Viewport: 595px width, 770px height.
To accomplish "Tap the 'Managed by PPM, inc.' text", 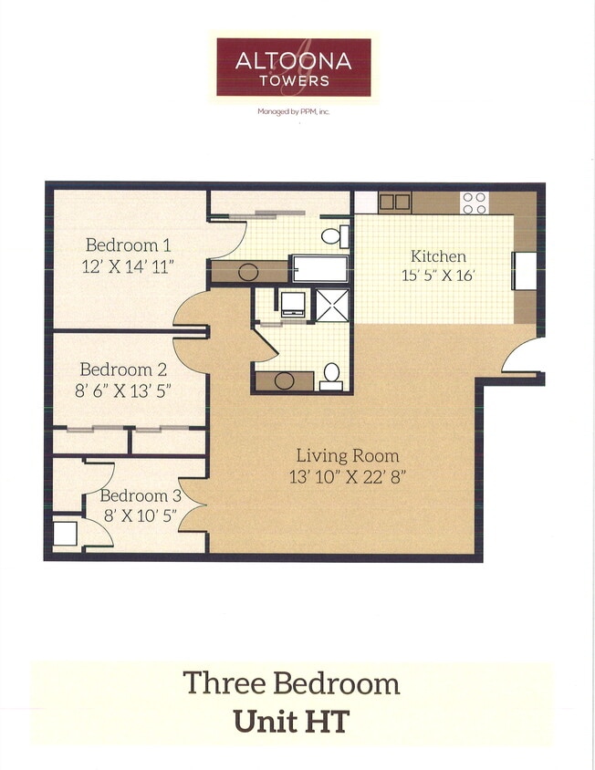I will pyautogui.click(x=293, y=112).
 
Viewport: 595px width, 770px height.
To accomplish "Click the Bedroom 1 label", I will pyautogui.click(x=128, y=245).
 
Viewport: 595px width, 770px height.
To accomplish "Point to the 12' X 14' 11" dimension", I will pyautogui.click(x=128, y=266).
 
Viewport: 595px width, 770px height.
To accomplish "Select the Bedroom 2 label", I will pyautogui.click(x=122, y=369).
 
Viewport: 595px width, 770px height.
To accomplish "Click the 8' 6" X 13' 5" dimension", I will pyautogui.click(x=125, y=390).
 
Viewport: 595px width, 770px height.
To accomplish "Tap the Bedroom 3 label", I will pyautogui.click(x=141, y=495).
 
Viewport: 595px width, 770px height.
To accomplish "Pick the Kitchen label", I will pyautogui.click(x=438, y=256).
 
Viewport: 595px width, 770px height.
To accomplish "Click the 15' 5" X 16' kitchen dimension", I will pyautogui.click(x=438, y=276).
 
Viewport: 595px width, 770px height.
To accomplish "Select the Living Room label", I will pyautogui.click(x=347, y=455).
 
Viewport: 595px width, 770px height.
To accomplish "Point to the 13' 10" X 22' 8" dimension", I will pyautogui.click(x=347, y=475).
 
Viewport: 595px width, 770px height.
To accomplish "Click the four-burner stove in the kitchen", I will pyautogui.click(x=474, y=203).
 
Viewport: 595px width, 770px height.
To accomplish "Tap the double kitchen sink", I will pyautogui.click(x=394, y=202).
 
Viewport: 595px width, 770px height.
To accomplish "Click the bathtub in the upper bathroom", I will pyautogui.click(x=318, y=269).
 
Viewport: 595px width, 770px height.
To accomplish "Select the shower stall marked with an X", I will pyautogui.click(x=332, y=305).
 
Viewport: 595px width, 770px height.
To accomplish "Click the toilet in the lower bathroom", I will pyautogui.click(x=332, y=376).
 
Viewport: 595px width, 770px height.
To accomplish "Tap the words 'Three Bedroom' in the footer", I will pyautogui.click(x=291, y=683).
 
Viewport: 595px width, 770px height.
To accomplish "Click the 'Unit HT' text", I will pyautogui.click(x=291, y=721).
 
